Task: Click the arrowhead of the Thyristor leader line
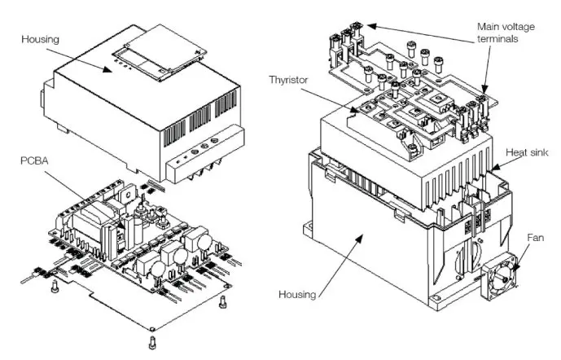click(x=359, y=112)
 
